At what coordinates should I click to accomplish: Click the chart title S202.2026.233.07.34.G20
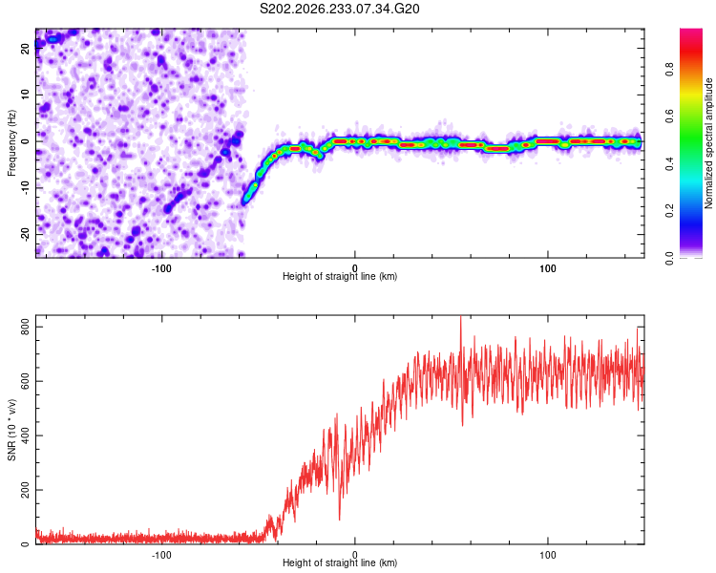click(x=339, y=9)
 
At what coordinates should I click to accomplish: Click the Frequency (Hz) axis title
click(x=11, y=143)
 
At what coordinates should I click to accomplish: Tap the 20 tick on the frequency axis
click(x=25, y=48)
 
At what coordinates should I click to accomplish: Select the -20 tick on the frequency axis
click(x=25, y=235)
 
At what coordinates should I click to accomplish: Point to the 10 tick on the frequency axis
click(x=25, y=95)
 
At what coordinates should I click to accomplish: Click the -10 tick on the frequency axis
click(x=25, y=188)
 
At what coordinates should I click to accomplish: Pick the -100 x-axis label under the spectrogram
click(x=161, y=268)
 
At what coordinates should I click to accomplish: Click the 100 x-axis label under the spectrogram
click(x=548, y=268)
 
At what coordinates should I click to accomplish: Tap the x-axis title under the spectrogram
click(x=340, y=276)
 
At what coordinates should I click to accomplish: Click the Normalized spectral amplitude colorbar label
click(x=708, y=143)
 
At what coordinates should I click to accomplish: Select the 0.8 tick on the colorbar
click(x=669, y=70)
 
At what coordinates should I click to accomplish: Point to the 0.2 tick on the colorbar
click(x=669, y=211)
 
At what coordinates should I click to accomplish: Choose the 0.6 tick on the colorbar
click(x=669, y=117)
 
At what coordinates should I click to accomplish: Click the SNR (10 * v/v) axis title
click(x=11, y=430)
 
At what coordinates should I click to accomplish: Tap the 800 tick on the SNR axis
click(x=25, y=328)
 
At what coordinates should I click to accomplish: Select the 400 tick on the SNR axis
click(x=25, y=435)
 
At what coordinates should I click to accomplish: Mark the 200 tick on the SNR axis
click(x=25, y=490)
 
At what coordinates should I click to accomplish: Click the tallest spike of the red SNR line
click(x=460, y=317)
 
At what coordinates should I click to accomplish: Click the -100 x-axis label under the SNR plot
click(x=161, y=555)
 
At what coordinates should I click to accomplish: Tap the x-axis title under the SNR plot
click(x=340, y=562)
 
